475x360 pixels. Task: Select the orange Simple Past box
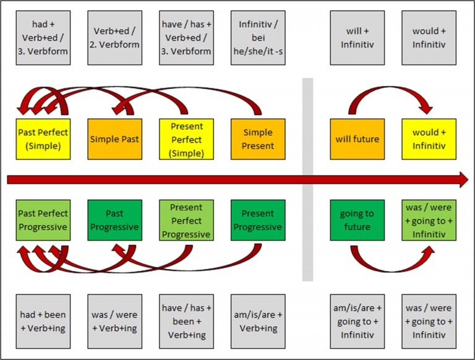(x=114, y=139)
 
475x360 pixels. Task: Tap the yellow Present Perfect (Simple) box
(x=186, y=139)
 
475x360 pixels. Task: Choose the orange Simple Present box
(x=258, y=139)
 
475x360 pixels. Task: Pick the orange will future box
(x=357, y=139)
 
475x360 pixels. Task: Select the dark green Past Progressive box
(x=114, y=220)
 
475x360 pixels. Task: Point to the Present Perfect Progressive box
(x=186, y=220)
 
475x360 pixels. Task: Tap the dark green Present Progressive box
(x=258, y=220)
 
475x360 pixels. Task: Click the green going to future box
(x=357, y=220)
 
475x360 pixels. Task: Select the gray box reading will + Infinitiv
(x=357, y=38)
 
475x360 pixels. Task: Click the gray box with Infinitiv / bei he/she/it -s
(x=258, y=38)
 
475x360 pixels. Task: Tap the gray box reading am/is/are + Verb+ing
(x=258, y=321)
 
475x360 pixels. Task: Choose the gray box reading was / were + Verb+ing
(x=114, y=321)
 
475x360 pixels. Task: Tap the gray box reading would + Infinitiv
(x=429, y=38)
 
